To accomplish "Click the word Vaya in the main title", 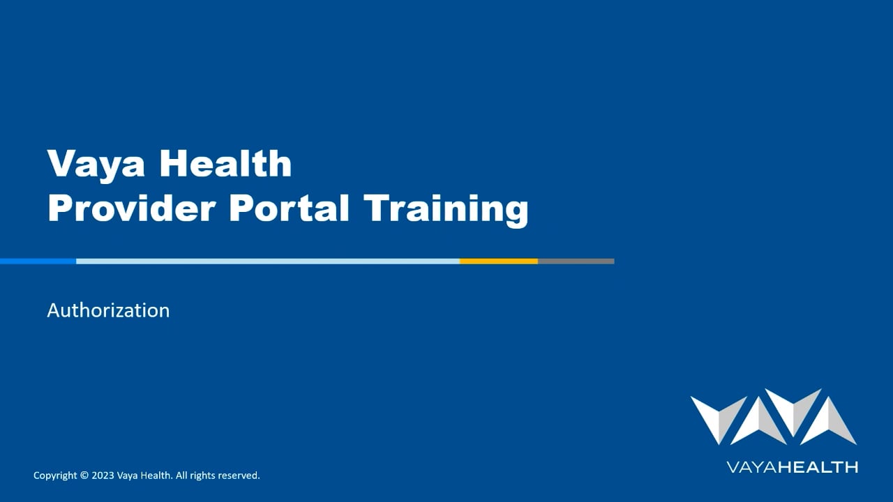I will click(x=96, y=165).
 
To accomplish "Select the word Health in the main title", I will click(x=226, y=163).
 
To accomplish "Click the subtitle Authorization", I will click(x=108, y=310).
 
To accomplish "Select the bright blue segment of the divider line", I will click(x=38, y=261).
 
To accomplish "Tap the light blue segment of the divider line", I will click(x=268, y=261).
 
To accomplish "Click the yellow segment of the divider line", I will click(x=498, y=261).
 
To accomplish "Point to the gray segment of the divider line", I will click(x=576, y=261).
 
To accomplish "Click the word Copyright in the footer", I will click(x=55, y=476).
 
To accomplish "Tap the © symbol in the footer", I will click(x=84, y=476).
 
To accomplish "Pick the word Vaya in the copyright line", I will click(x=128, y=476).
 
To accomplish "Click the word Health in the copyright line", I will click(x=156, y=476).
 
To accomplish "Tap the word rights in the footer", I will click(x=203, y=476).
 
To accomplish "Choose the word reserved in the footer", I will click(x=239, y=476).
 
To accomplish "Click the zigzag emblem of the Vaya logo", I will click(x=773, y=417).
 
